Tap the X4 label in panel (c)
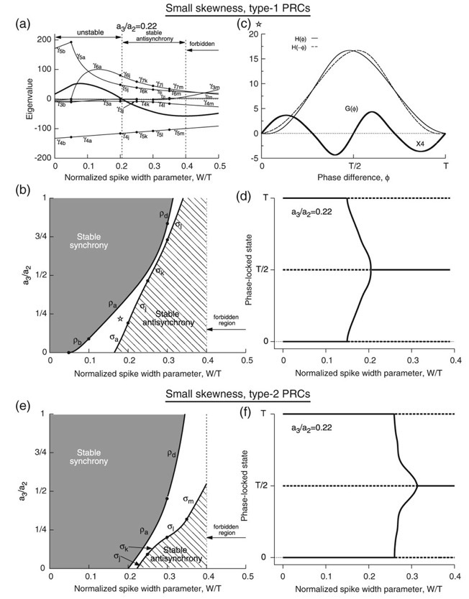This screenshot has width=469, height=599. tap(421, 144)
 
